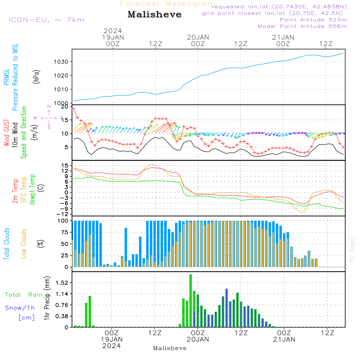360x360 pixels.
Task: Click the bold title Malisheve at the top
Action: [155, 15]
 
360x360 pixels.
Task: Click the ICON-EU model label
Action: [46, 20]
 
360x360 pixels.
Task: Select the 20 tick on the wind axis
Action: [64, 107]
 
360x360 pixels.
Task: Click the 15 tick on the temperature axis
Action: [65, 165]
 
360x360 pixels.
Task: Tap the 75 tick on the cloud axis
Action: [65, 232]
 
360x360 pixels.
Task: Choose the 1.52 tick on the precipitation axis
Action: [62, 283]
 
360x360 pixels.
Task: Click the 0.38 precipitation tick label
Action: [62, 316]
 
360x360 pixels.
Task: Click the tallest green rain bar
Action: [190, 301]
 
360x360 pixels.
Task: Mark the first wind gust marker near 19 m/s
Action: [74, 108]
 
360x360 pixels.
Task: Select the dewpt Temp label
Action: [32, 189]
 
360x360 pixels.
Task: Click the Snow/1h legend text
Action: [20, 308]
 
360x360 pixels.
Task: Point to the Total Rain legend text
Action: [24, 294]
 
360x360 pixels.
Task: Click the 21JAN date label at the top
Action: [283, 37]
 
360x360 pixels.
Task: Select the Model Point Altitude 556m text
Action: [302, 26]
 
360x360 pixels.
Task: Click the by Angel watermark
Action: [352, 249]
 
